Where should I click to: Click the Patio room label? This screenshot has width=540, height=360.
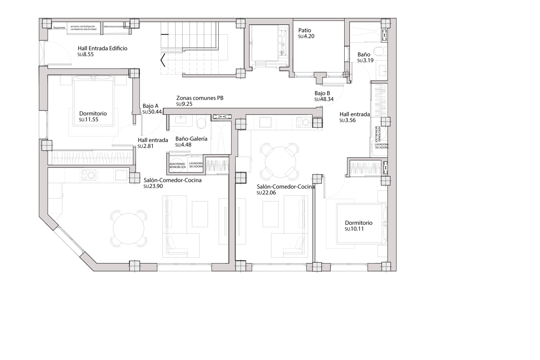[x=305, y=30]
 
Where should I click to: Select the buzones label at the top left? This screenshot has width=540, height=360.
[x=59, y=28]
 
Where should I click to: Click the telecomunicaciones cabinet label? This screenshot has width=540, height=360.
[x=114, y=26]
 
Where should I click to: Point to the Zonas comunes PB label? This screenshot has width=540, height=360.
[x=200, y=98]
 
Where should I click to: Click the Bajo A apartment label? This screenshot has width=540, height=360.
[x=150, y=106]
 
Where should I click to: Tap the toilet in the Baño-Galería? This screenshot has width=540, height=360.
[x=201, y=123]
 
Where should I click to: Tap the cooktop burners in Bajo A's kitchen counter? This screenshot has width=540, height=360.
[x=89, y=175]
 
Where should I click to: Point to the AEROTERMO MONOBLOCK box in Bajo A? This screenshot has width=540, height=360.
[x=177, y=165]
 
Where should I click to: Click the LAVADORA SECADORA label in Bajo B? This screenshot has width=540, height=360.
[x=382, y=146]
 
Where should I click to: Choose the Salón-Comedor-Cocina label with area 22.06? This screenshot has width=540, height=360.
[x=285, y=187]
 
